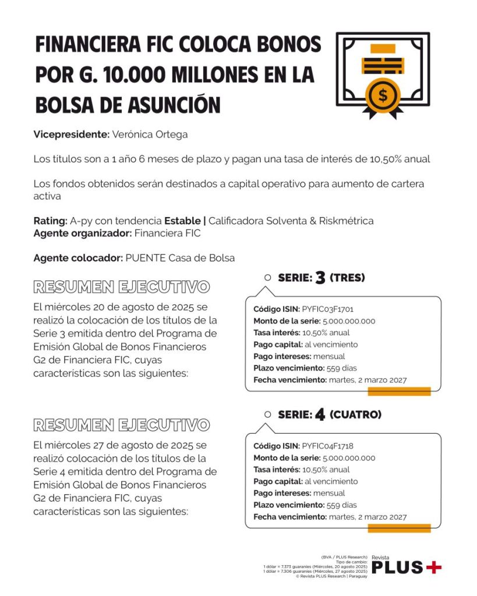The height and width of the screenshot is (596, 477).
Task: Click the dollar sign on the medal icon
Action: pyautogui.click(x=383, y=95)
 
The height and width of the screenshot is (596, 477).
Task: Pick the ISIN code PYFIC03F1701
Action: pyautogui.click(x=328, y=308)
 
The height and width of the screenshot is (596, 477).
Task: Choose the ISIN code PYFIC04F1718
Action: pyautogui.click(x=328, y=446)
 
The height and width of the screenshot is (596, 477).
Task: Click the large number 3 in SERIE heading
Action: pyautogui.click(x=320, y=278)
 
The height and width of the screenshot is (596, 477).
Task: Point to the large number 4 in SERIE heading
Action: pyautogui.click(x=320, y=415)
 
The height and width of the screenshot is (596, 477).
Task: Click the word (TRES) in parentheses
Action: pyautogui.click(x=347, y=278)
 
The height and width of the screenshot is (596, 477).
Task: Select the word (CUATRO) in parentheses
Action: pyautogui.click(x=355, y=415)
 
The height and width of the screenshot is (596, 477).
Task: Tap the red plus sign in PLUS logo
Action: pyautogui.click(x=433, y=567)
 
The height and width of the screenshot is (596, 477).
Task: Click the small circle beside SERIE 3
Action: pyautogui.click(x=268, y=278)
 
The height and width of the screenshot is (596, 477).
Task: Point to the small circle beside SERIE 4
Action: pyautogui.click(x=268, y=415)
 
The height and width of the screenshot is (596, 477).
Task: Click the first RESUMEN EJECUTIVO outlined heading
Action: pyautogui.click(x=121, y=287)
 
